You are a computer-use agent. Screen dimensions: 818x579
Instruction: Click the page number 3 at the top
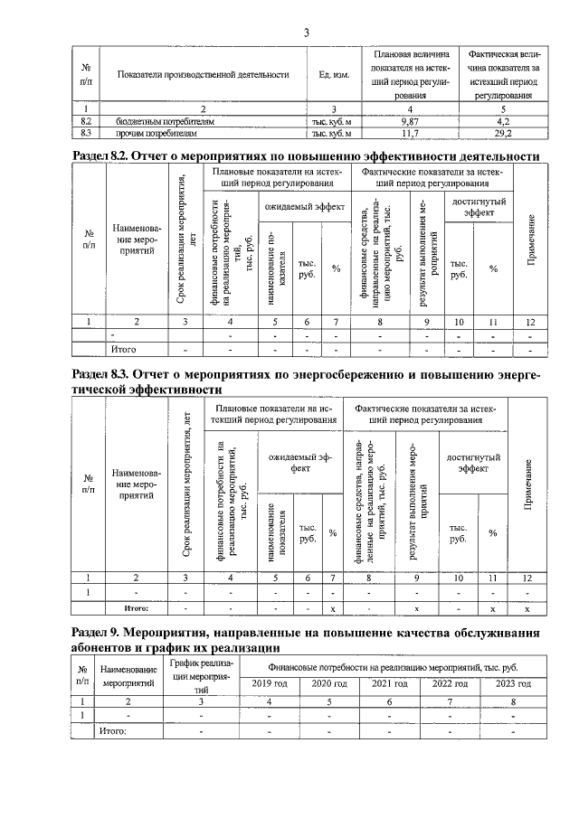click(307, 33)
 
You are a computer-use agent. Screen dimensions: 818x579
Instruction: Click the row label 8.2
click(88, 120)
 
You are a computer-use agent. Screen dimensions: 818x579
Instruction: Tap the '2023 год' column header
click(512, 683)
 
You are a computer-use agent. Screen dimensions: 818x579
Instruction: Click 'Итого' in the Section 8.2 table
click(122, 348)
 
